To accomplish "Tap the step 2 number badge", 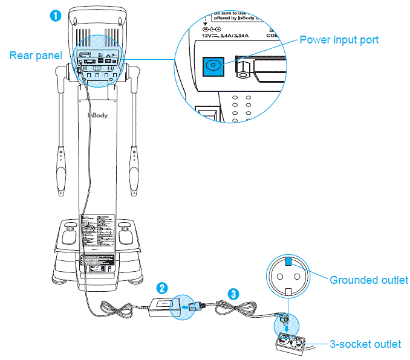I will click(163, 287).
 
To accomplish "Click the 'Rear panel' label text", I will click(36, 56).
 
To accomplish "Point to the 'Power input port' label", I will click(339, 40).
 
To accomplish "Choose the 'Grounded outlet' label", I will click(368, 280).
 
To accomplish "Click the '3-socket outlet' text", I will click(365, 344).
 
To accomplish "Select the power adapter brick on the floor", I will click(164, 306).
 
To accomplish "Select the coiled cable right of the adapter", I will click(229, 310).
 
